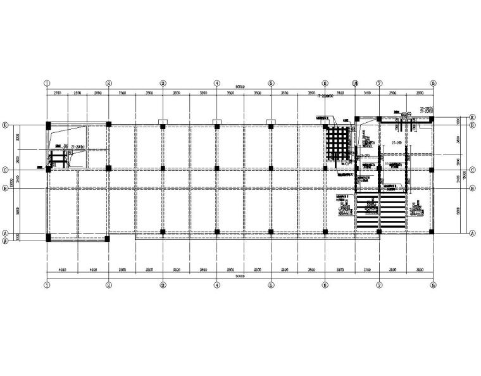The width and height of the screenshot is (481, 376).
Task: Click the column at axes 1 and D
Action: (x=47, y=125)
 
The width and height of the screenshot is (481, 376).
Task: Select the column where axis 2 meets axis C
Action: (x=109, y=168)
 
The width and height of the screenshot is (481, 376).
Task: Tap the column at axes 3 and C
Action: (x=163, y=168)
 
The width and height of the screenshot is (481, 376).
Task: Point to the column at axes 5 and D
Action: (x=271, y=125)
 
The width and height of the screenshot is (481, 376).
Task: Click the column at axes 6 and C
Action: (x=325, y=168)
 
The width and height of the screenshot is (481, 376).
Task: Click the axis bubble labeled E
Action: (x=473, y=118)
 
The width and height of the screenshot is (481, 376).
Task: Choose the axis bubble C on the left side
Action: (x=6, y=168)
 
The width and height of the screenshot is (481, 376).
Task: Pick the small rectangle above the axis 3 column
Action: (x=163, y=121)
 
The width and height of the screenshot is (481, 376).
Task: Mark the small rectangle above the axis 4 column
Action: (x=216, y=121)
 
